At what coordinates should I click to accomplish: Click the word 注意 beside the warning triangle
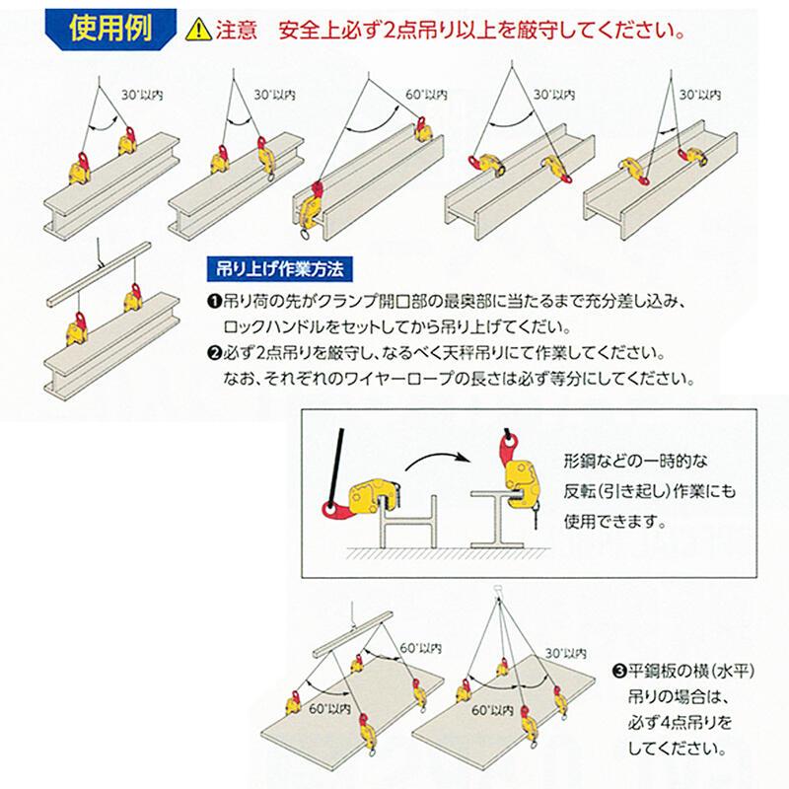click(x=233, y=30)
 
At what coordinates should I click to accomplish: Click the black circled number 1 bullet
click(x=213, y=300)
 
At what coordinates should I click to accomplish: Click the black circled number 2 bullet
click(x=213, y=352)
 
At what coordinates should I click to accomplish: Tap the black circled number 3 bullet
click(x=618, y=674)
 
